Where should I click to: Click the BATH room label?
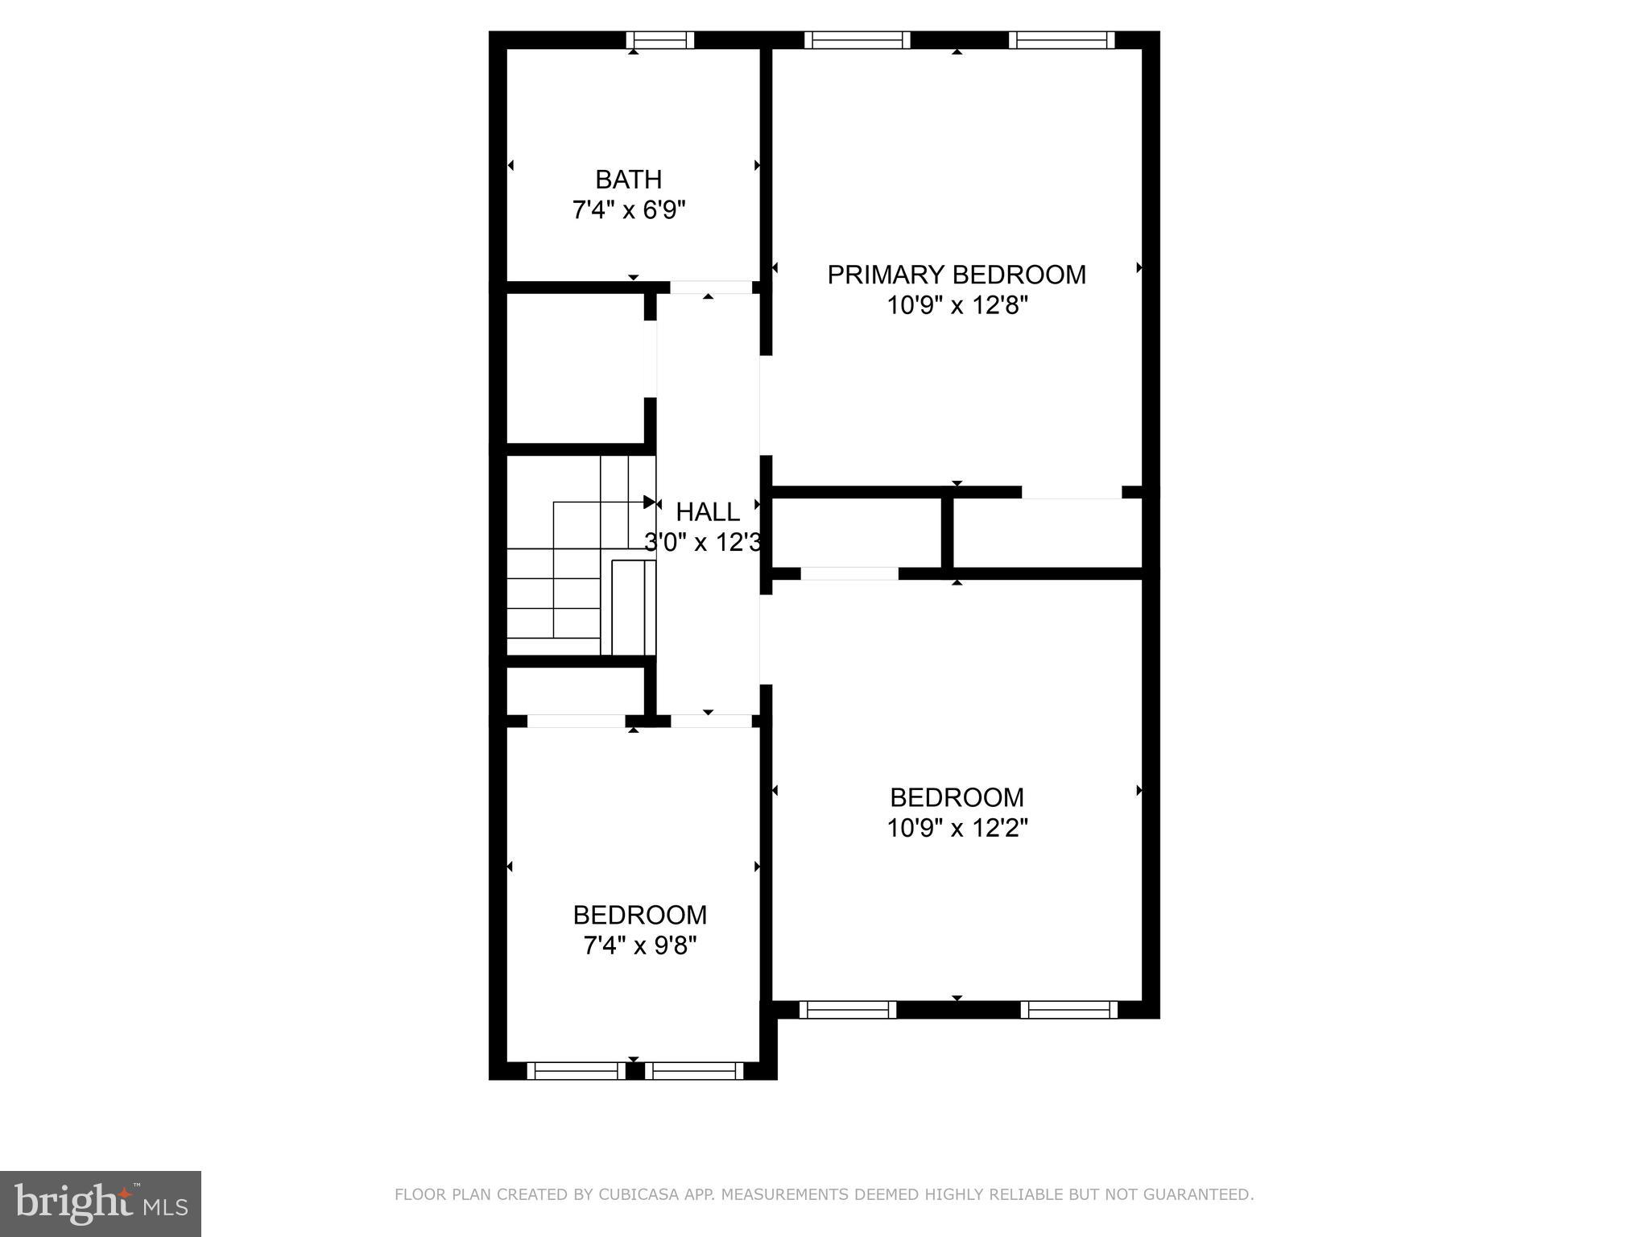point(628,179)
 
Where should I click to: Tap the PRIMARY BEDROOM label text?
point(957,275)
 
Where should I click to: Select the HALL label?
point(708,511)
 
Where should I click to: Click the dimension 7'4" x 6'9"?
point(628,210)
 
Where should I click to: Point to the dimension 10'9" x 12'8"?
point(957,306)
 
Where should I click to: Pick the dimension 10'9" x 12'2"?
point(957,828)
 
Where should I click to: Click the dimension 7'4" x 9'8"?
point(639,945)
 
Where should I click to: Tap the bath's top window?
point(660,39)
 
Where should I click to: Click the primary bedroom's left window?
point(858,39)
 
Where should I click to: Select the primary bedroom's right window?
point(1062,39)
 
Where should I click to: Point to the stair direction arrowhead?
point(649,503)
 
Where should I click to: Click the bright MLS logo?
point(101,1202)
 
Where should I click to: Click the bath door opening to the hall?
point(711,287)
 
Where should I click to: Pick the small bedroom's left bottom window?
point(577,1070)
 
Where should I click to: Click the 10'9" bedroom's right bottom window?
point(1069,1009)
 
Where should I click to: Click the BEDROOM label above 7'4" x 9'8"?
point(639,915)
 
